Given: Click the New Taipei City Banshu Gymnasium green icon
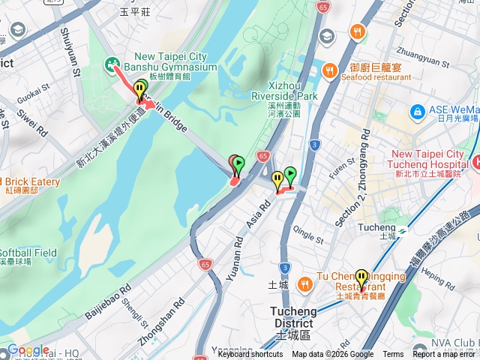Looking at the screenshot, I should pyautogui.click(x=112, y=65).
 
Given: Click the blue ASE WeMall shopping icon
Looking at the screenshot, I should pyautogui.click(x=417, y=112).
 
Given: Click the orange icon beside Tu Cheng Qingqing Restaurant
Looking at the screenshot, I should pyautogui.click(x=304, y=284).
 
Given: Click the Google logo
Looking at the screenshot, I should pyautogui.click(x=28, y=350).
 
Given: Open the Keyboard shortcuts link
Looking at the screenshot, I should pyautogui.click(x=250, y=355).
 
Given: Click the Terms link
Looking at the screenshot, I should pyautogui.click(x=393, y=355).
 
